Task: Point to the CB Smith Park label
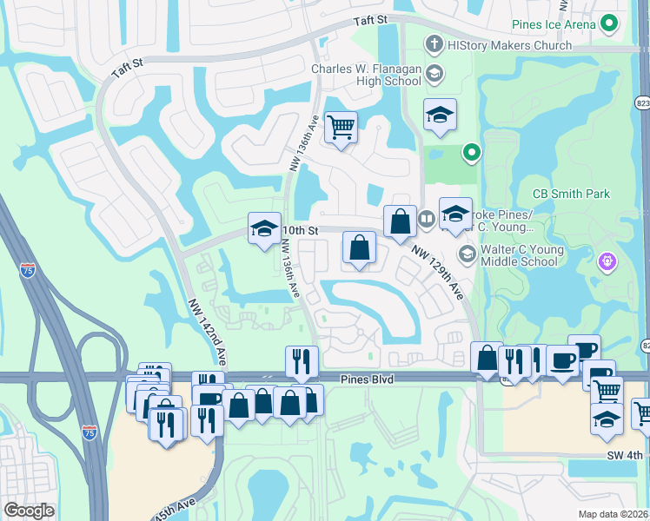[570, 195]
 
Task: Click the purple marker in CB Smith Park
[607, 261]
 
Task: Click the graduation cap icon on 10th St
[264, 228]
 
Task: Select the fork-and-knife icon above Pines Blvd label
[302, 361]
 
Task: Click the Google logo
[30, 511]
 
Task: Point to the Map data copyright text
[612, 513]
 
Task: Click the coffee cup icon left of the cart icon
[563, 362]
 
